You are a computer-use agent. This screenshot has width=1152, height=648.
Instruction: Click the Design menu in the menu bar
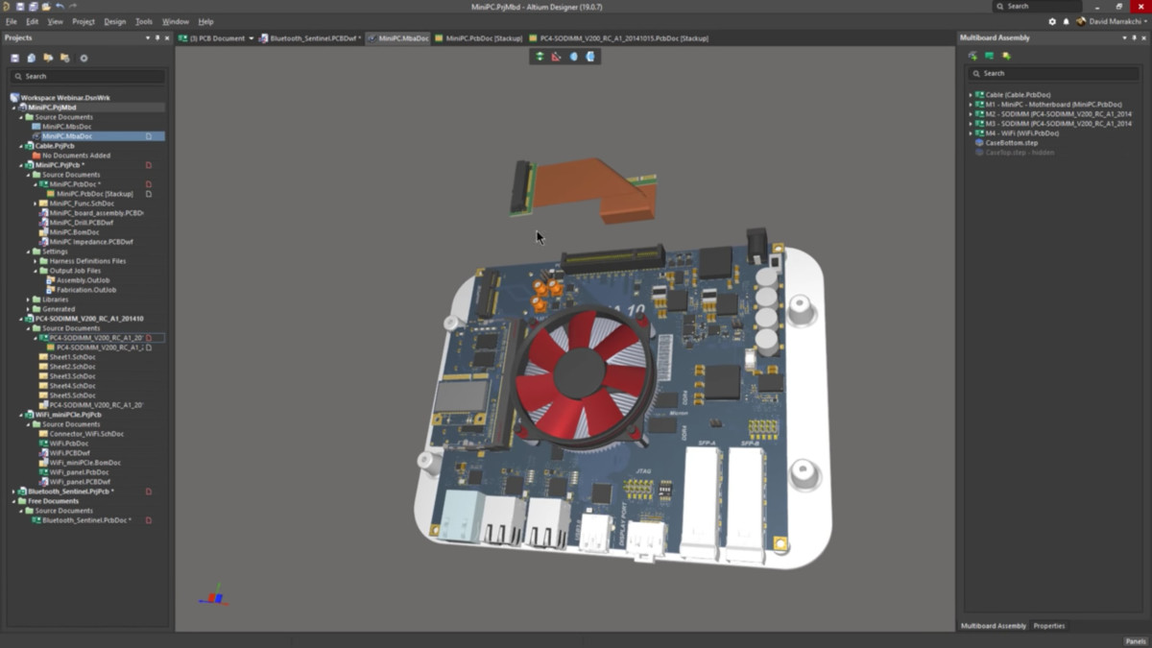(114, 21)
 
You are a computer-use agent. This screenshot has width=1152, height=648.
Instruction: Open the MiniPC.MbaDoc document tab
(403, 38)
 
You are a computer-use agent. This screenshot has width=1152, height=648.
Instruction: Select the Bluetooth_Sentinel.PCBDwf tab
(315, 38)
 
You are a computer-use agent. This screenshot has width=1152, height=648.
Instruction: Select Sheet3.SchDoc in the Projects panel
(73, 376)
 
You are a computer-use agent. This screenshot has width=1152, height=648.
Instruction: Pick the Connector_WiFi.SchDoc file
(86, 434)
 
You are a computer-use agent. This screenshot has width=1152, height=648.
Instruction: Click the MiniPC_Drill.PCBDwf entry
(81, 223)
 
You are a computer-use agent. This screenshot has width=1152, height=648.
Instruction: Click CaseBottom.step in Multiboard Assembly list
(1012, 143)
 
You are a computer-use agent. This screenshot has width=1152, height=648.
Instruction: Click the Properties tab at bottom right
(1048, 626)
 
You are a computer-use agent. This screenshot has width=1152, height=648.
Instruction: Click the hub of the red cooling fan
(579, 370)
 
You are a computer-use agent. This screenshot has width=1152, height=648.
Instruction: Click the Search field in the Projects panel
(86, 76)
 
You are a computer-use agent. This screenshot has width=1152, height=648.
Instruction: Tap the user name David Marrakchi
(1115, 21)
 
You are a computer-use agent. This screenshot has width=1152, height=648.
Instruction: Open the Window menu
(175, 21)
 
